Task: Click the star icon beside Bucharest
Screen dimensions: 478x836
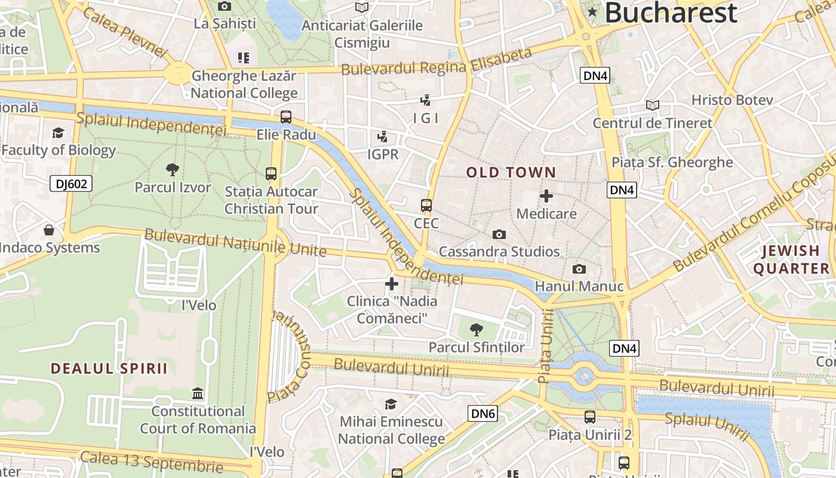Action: click(592, 12)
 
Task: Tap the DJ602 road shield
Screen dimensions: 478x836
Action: click(71, 183)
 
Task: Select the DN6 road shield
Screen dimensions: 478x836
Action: click(482, 413)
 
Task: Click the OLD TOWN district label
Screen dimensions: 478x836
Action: click(511, 173)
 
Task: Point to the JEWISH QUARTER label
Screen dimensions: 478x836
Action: click(791, 259)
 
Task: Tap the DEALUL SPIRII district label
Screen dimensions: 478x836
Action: click(109, 368)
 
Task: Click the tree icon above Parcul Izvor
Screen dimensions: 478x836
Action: click(173, 170)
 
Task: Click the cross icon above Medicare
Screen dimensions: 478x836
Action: click(546, 196)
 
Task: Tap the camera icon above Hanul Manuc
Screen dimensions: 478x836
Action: click(579, 269)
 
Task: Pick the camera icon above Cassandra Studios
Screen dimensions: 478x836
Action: click(499, 235)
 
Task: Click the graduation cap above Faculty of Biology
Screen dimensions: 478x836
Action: click(58, 133)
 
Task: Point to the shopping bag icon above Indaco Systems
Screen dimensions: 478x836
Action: click(49, 230)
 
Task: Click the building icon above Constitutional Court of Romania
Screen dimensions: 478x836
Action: click(198, 394)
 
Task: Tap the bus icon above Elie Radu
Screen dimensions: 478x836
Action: click(286, 117)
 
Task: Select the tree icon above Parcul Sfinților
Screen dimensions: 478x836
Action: click(476, 329)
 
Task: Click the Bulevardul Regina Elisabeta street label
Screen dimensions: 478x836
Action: click(436, 62)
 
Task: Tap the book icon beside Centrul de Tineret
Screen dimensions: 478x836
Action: click(653, 106)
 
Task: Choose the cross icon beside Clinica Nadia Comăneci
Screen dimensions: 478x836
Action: click(392, 284)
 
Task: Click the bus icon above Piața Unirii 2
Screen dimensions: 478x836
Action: click(590, 417)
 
